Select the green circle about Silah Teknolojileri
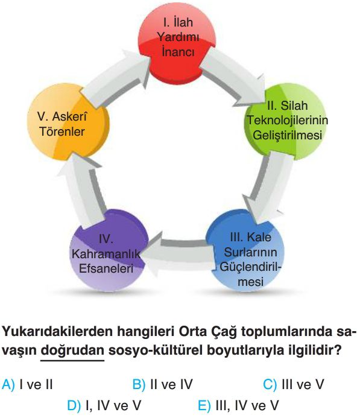pyautogui.click(x=286, y=121)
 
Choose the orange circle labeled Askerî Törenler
pyautogui.click(x=68, y=122)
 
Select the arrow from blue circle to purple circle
pyautogui.click(x=177, y=255)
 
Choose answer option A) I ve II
pyautogui.click(x=27, y=385)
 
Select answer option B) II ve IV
pyautogui.click(x=162, y=385)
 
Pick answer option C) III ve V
pyautogui.click(x=294, y=385)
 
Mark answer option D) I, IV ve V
pyautogui.click(x=104, y=406)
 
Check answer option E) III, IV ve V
pyautogui.click(x=238, y=406)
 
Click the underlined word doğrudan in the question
pyautogui.click(x=72, y=350)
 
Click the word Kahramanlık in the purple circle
pyautogui.click(x=106, y=254)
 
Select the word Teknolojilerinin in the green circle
pyautogui.click(x=288, y=120)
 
